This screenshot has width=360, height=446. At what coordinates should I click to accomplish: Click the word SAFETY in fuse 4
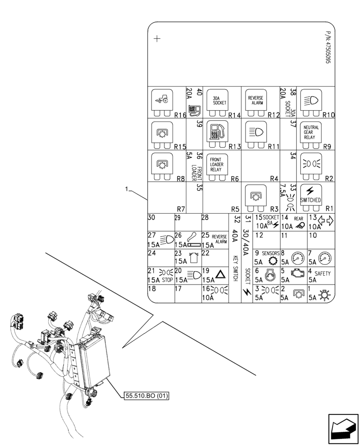pos(323,274)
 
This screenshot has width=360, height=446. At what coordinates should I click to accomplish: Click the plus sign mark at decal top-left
pos(156,39)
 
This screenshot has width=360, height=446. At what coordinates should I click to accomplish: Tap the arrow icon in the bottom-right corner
pos(343,429)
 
